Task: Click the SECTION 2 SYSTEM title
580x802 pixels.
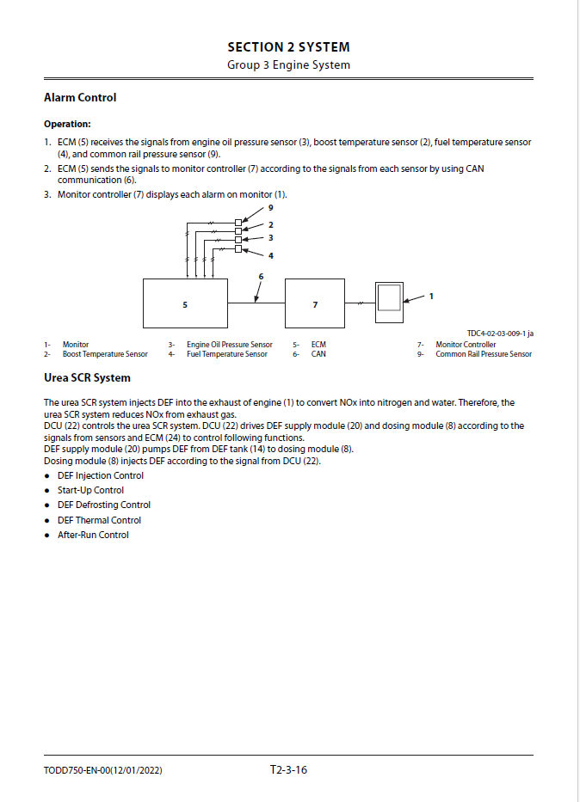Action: click(288, 47)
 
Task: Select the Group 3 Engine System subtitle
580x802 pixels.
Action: click(288, 65)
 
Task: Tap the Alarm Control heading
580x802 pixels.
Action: click(80, 98)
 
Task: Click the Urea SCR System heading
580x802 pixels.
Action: click(87, 377)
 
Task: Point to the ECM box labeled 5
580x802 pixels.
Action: click(184, 304)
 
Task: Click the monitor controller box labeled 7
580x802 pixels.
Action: click(314, 304)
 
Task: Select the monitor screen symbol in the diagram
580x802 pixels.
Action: click(390, 297)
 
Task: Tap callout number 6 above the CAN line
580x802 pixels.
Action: click(261, 276)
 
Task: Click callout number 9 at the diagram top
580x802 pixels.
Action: click(270, 208)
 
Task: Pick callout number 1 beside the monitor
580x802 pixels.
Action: click(431, 296)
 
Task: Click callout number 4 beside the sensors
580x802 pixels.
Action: click(270, 255)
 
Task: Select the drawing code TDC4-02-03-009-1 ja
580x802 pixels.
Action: click(500, 334)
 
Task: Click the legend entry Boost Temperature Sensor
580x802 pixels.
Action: click(105, 354)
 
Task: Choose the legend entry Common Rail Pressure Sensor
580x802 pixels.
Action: click(484, 354)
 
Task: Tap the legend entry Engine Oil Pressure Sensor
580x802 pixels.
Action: click(229, 345)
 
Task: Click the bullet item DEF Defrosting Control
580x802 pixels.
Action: click(103, 505)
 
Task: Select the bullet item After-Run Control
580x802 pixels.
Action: click(93, 535)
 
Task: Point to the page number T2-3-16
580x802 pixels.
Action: click(288, 769)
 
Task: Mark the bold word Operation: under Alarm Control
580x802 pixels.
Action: click(67, 124)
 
